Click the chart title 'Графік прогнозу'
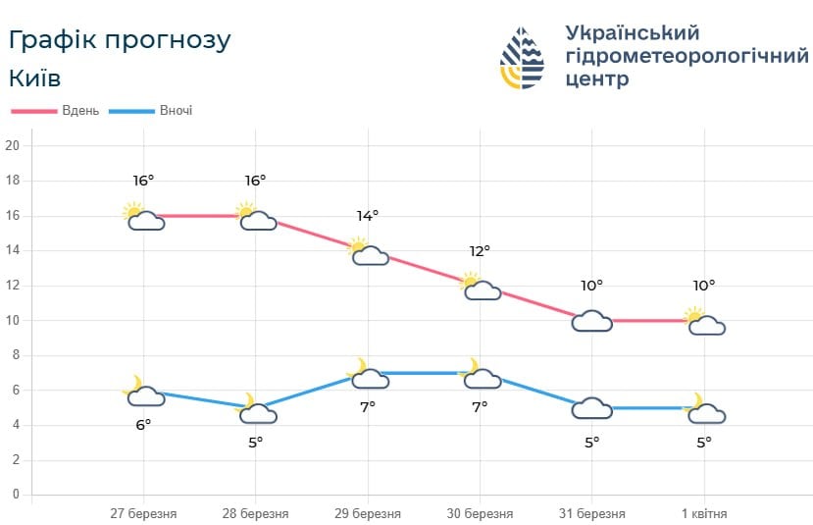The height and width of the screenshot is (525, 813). point(120,40)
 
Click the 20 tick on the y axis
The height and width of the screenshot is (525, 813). point(13,146)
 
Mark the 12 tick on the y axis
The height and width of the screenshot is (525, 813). point(13,286)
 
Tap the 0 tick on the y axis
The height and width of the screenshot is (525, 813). point(16,495)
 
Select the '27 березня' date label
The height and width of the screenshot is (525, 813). point(144,513)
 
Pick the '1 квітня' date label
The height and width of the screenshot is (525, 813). point(704,513)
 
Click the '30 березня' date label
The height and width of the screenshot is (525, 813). point(480,513)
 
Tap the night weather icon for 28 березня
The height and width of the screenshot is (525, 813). point(257,410)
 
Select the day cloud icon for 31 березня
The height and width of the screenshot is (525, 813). point(592,321)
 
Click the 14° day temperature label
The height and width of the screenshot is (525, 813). point(368,216)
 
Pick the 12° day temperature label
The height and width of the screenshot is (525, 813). point(480,251)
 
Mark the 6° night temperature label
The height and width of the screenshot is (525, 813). point(144,424)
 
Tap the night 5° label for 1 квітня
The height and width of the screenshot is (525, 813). point(704,442)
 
